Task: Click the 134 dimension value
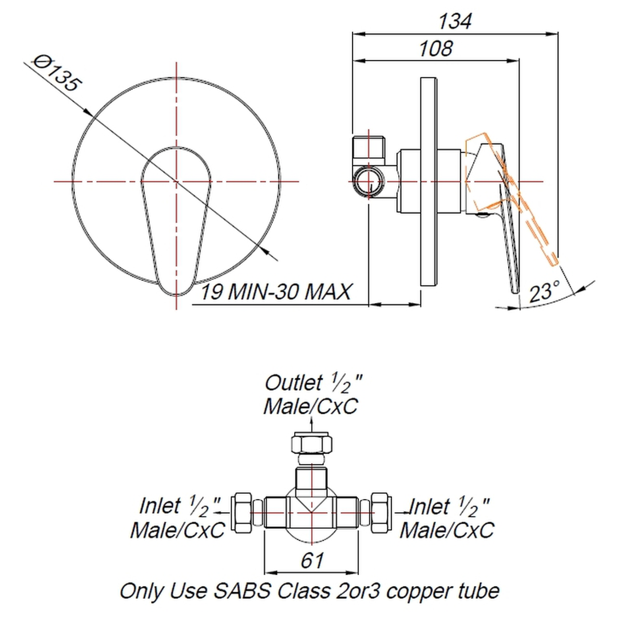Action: tap(455, 22)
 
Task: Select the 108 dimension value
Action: tap(435, 49)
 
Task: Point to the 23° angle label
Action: tap(544, 293)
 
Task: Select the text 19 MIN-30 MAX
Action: tap(275, 293)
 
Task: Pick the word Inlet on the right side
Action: tap(430, 506)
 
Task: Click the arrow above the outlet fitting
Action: tap(311, 424)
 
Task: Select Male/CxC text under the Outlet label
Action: tap(310, 406)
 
